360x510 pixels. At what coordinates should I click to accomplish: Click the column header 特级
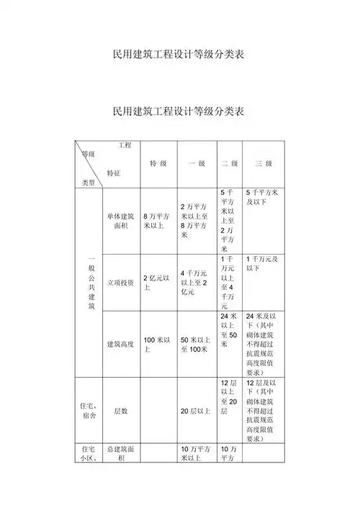click(158, 164)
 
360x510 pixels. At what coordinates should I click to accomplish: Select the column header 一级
click(197, 164)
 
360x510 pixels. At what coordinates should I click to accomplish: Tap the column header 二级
click(230, 164)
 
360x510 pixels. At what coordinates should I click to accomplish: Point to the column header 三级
click(264, 164)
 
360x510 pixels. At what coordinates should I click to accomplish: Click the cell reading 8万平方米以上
click(157, 220)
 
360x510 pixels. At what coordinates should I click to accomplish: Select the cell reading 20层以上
click(195, 411)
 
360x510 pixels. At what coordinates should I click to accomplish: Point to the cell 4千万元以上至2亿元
click(196, 283)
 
